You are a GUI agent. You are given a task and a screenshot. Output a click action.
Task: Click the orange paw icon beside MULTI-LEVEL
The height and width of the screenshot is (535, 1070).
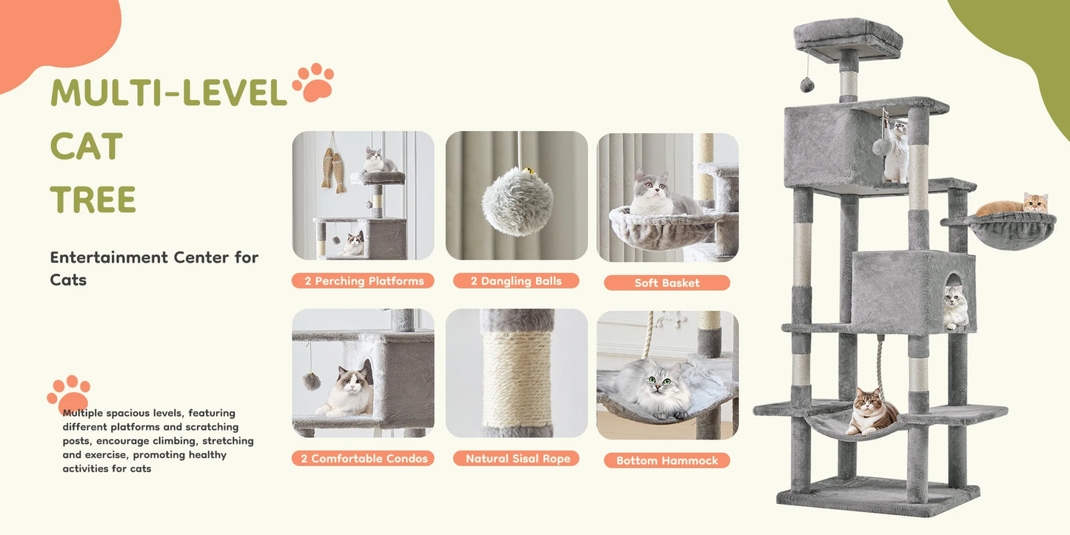tap(312, 83)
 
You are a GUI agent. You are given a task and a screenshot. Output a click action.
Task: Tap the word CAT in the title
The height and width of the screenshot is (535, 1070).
tap(87, 147)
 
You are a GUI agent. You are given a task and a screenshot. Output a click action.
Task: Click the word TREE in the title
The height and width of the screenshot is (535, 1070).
tap(93, 200)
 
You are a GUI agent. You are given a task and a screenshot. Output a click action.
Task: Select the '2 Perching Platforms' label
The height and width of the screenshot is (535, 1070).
tap(363, 281)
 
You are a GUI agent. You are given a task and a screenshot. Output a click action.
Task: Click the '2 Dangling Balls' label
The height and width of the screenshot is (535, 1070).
tap(516, 281)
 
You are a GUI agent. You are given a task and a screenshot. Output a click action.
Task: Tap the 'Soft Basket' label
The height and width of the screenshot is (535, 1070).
tap(666, 283)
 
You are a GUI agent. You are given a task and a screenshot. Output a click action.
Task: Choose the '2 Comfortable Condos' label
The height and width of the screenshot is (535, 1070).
tap(363, 459)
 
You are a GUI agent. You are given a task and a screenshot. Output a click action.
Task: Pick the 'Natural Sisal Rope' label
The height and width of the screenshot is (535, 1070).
tap(518, 459)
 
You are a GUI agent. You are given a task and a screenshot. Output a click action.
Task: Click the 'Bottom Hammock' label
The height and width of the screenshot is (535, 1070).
tap(666, 460)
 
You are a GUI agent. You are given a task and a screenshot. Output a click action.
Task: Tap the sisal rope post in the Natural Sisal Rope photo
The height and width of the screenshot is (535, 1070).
tap(518, 377)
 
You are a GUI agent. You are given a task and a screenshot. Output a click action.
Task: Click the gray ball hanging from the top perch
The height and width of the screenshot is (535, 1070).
tap(807, 85)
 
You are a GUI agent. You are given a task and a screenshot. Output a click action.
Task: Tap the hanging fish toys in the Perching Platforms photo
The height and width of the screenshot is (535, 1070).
tap(333, 169)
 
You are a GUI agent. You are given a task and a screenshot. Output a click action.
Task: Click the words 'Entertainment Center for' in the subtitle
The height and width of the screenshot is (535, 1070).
tap(154, 258)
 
